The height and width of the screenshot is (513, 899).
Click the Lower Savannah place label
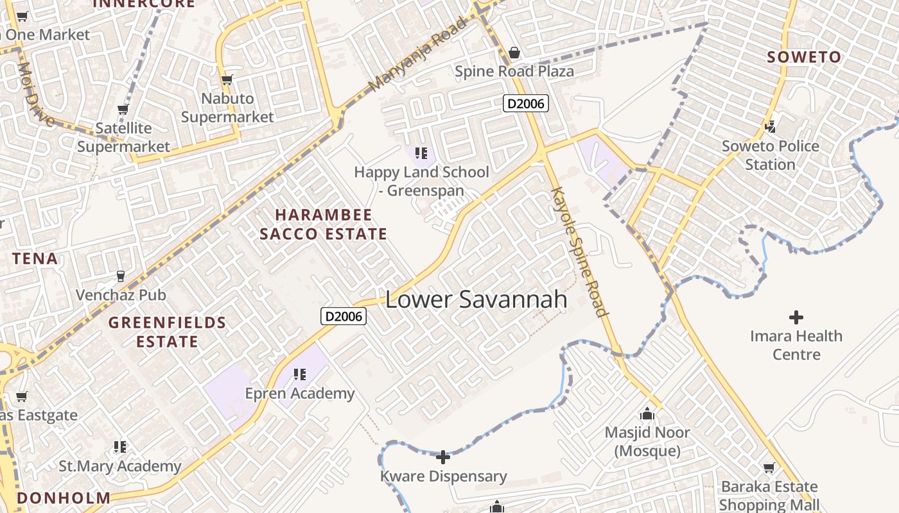click(476, 299)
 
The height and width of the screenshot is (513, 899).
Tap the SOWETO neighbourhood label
click(804, 57)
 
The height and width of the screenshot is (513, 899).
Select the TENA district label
click(35, 259)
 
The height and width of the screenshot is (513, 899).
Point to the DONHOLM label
click(64, 498)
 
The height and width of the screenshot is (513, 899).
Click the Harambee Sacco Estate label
click(324, 224)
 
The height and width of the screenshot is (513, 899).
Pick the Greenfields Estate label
click(167, 332)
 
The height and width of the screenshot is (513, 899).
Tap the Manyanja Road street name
click(417, 56)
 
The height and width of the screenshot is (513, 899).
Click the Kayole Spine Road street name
click(579, 252)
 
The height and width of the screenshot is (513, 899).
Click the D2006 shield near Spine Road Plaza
click(525, 103)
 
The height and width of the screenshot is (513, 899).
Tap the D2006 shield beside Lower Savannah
click(344, 316)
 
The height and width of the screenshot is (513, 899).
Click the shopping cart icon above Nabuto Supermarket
click(227, 80)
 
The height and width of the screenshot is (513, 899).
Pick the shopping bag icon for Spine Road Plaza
click(514, 53)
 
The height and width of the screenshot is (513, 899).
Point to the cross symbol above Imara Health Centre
click(796, 317)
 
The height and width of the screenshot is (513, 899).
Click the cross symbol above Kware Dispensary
click(443, 457)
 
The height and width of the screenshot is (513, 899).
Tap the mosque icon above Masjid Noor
click(647, 414)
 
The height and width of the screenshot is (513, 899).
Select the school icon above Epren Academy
click(299, 374)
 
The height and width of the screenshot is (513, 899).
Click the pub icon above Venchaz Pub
click(120, 276)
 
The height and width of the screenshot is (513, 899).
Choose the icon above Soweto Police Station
click(771, 126)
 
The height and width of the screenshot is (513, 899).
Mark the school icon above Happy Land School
click(421, 153)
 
